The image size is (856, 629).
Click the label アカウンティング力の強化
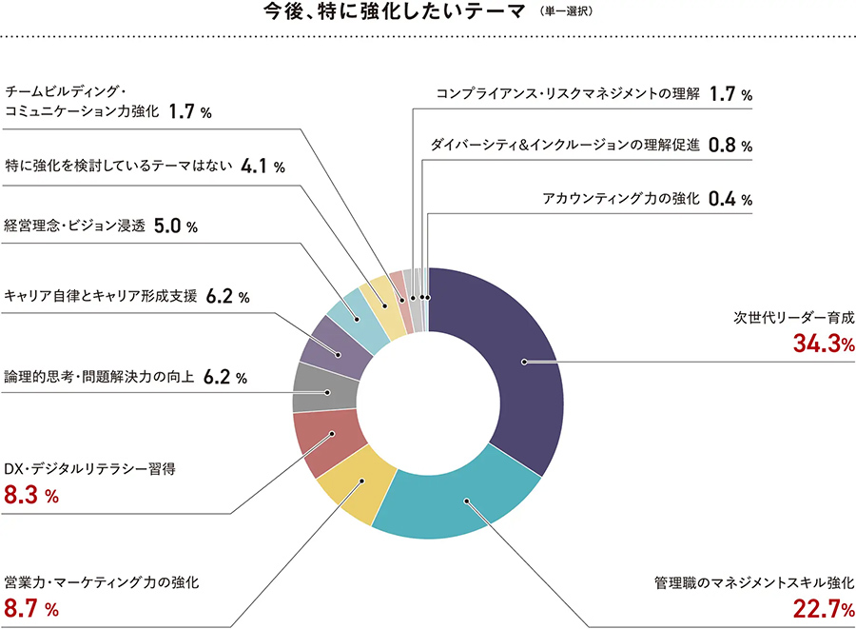coord(621,199)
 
